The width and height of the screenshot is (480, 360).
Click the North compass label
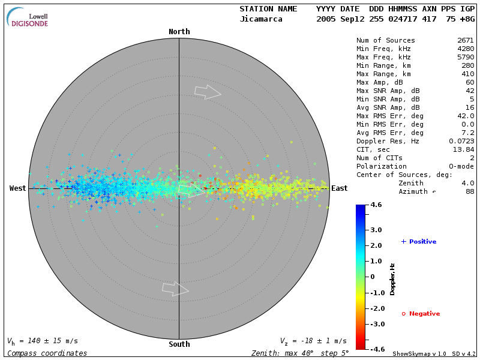pyautogui.click(x=179, y=32)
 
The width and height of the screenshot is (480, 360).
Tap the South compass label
pyautogui.click(x=179, y=344)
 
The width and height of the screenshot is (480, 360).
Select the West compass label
pyautogui.click(x=18, y=188)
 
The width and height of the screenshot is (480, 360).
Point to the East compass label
pyautogui.click(x=339, y=188)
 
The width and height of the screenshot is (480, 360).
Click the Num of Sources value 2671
pyautogui.click(x=466, y=41)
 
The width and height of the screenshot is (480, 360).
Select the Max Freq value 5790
pyautogui.click(x=466, y=58)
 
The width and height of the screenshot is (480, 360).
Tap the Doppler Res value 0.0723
pyautogui.click(x=461, y=141)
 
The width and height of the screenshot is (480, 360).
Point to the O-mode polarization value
pyautogui.click(x=461, y=166)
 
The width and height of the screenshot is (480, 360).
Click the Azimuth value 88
pyautogui.click(x=470, y=191)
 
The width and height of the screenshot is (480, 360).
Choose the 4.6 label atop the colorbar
pyautogui.click(x=376, y=205)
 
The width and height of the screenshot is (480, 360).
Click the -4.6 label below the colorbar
pyautogui.click(x=376, y=349)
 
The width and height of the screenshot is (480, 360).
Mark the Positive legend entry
pyautogui.click(x=419, y=242)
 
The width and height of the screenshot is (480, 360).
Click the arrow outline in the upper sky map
pyautogui.click(x=208, y=91)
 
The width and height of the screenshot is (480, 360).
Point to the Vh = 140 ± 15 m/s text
pyautogui.click(x=42, y=341)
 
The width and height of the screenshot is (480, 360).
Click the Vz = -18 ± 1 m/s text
pyautogui.click(x=313, y=341)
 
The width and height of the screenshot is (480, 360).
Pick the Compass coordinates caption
pyautogui.click(x=47, y=353)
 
